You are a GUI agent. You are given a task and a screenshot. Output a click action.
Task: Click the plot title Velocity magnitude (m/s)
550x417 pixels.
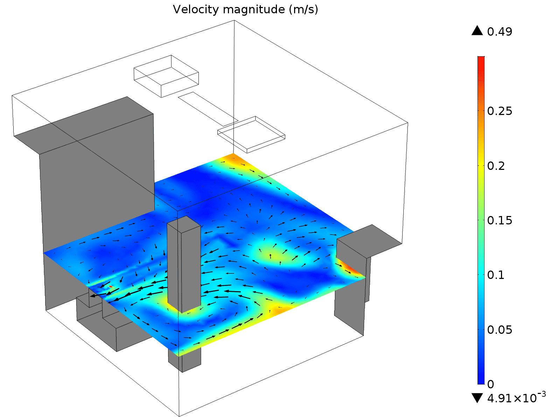click(x=245, y=9)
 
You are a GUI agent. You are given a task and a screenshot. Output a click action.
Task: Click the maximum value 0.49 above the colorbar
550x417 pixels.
click(x=500, y=32)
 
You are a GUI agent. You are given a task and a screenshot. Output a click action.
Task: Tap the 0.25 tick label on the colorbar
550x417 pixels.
click(x=500, y=111)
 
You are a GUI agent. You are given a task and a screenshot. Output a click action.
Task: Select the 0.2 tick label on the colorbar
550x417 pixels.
click(x=496, y=166)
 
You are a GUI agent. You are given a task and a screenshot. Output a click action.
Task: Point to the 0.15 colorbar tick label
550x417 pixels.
click(x=500, y=221)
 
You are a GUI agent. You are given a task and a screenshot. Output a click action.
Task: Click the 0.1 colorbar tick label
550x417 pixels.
click(x=496, y=275)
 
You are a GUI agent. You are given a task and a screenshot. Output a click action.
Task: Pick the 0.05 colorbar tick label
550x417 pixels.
click(x=500, y=330)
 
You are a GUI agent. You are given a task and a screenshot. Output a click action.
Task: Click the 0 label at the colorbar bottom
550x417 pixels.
click(x=490, y=384)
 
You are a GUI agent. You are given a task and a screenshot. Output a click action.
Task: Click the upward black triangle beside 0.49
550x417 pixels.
click(x=477, y=31)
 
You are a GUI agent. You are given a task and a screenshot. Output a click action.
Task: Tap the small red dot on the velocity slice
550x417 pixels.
click(x=111, y=287)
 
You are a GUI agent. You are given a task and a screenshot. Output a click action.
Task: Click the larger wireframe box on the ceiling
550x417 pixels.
click(x=166, y=76)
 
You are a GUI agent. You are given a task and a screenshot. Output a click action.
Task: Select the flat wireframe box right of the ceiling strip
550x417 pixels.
click(x=251, y=134)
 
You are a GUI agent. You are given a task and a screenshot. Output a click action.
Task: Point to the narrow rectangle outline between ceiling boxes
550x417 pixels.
click(x=208, y=109)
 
